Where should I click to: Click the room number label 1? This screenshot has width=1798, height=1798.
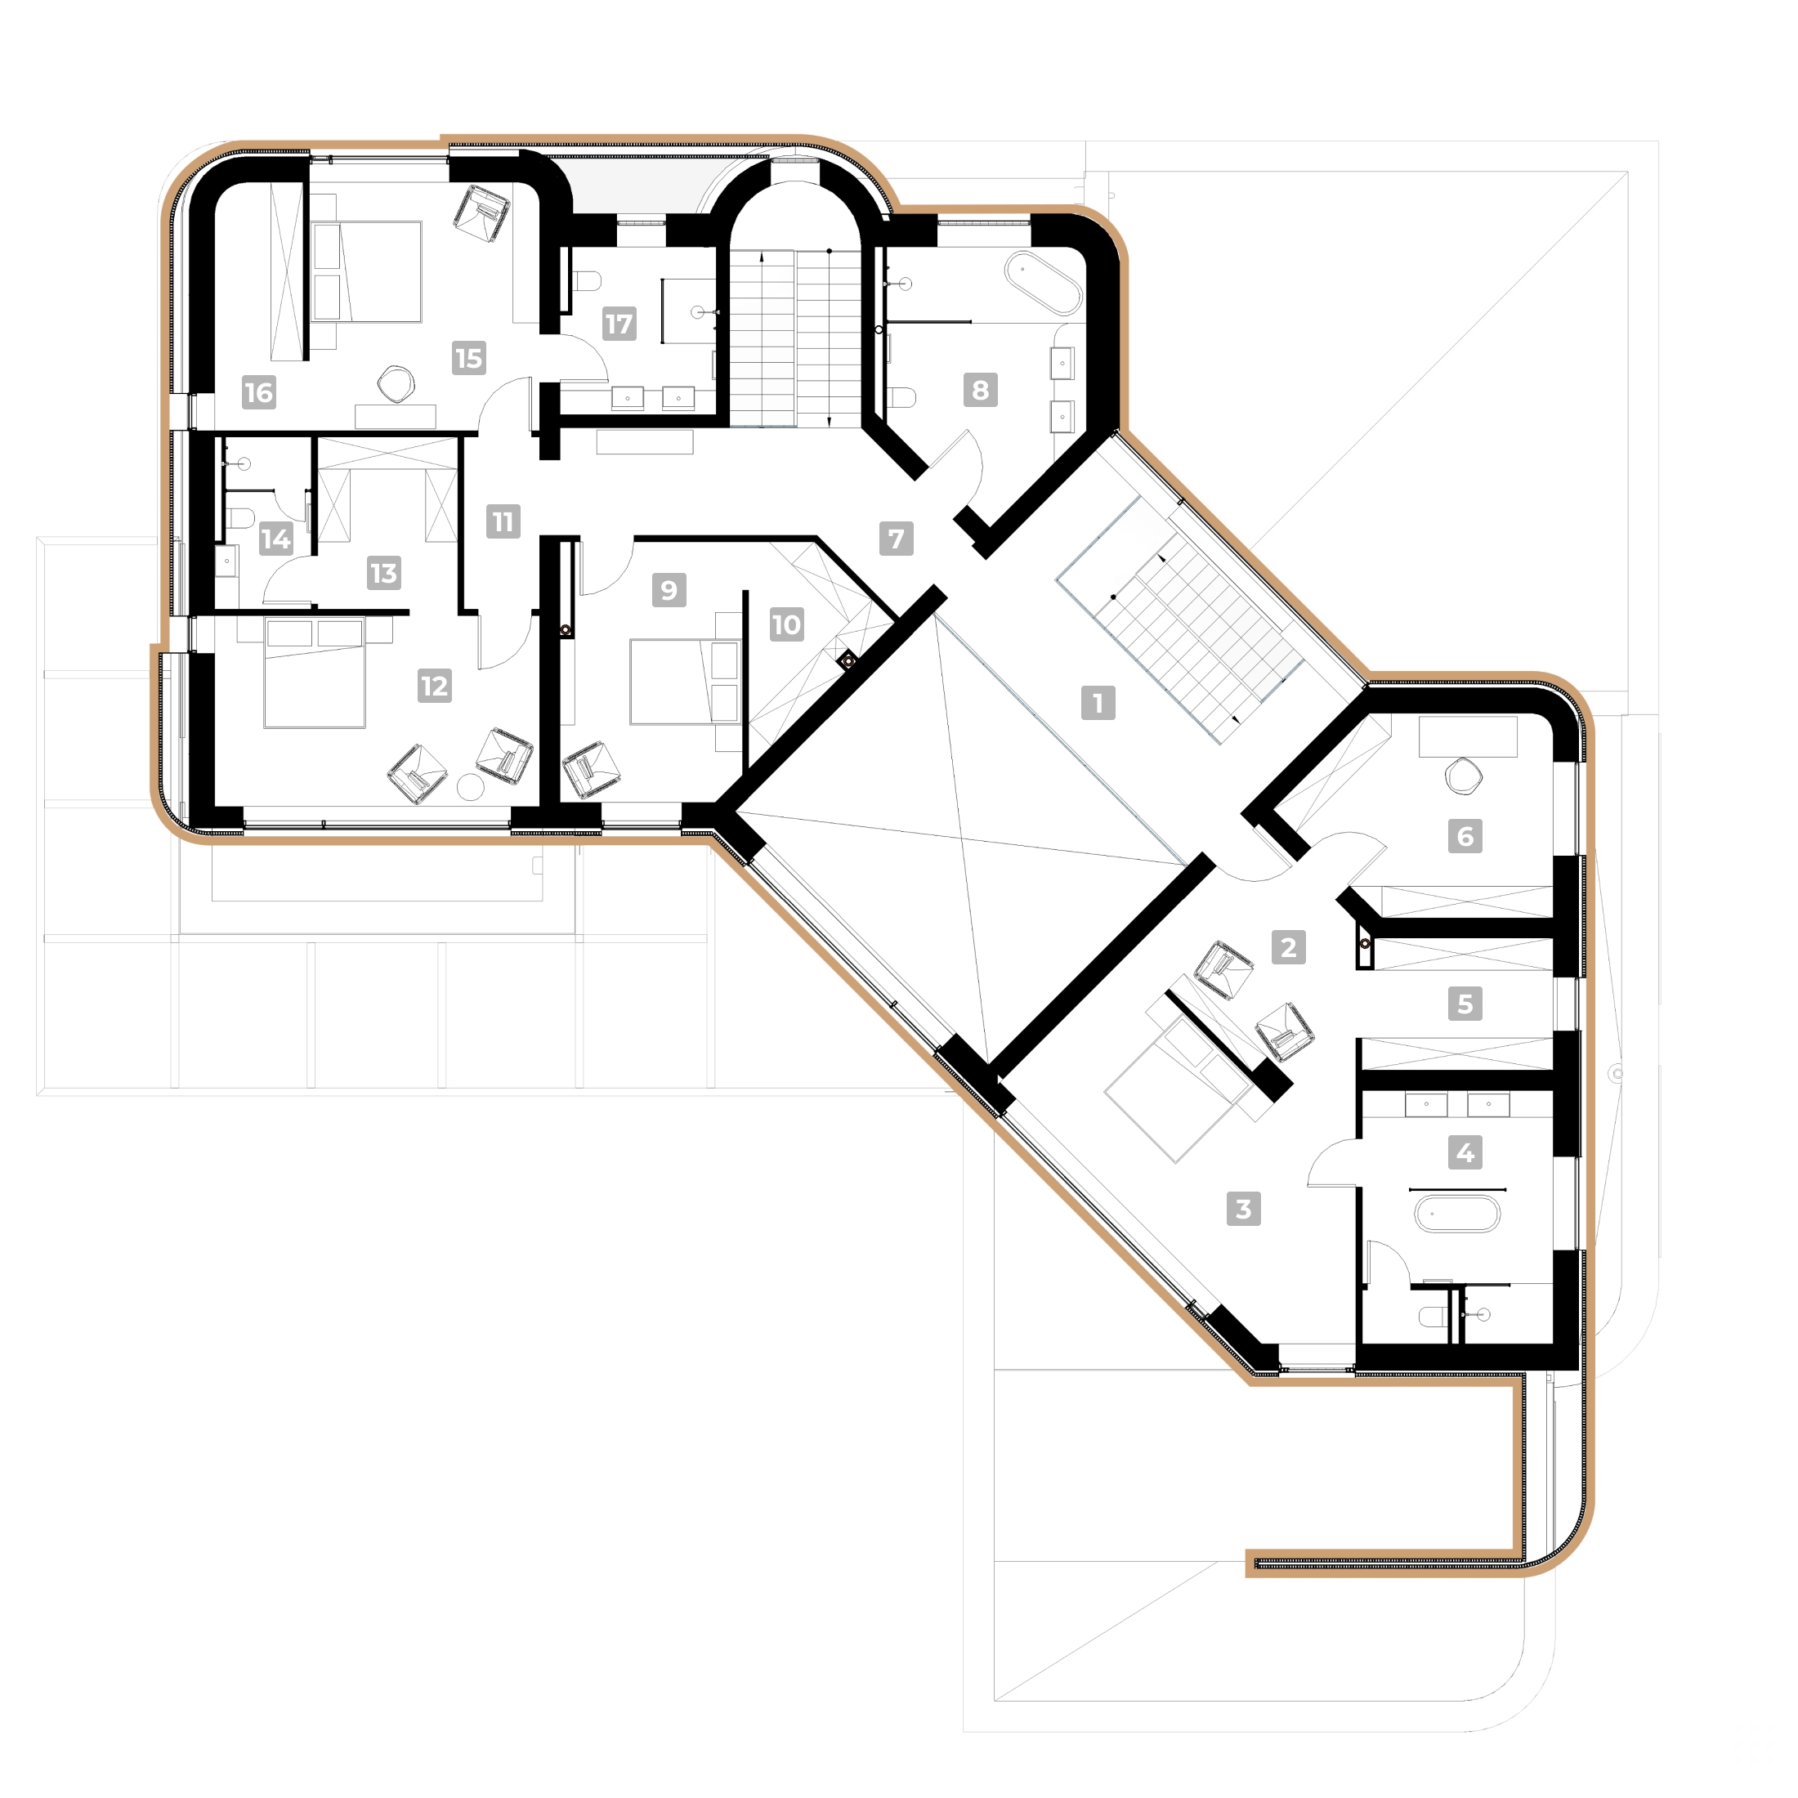[1098, 703]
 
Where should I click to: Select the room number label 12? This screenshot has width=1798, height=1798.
[435, 686]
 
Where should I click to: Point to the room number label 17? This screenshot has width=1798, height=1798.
[619, 324]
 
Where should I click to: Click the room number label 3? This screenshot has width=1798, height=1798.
[1243, 1209]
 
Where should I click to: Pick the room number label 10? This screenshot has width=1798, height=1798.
[786, 624]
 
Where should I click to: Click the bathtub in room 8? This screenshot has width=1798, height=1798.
[1044, 282]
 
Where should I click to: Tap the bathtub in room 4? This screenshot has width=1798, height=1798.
[1456, 1214]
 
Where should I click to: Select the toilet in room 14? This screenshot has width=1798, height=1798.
[240, 517]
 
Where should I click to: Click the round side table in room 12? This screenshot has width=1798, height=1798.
[472, 787]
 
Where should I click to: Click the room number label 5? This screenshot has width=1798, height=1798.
[1465, 1004]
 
